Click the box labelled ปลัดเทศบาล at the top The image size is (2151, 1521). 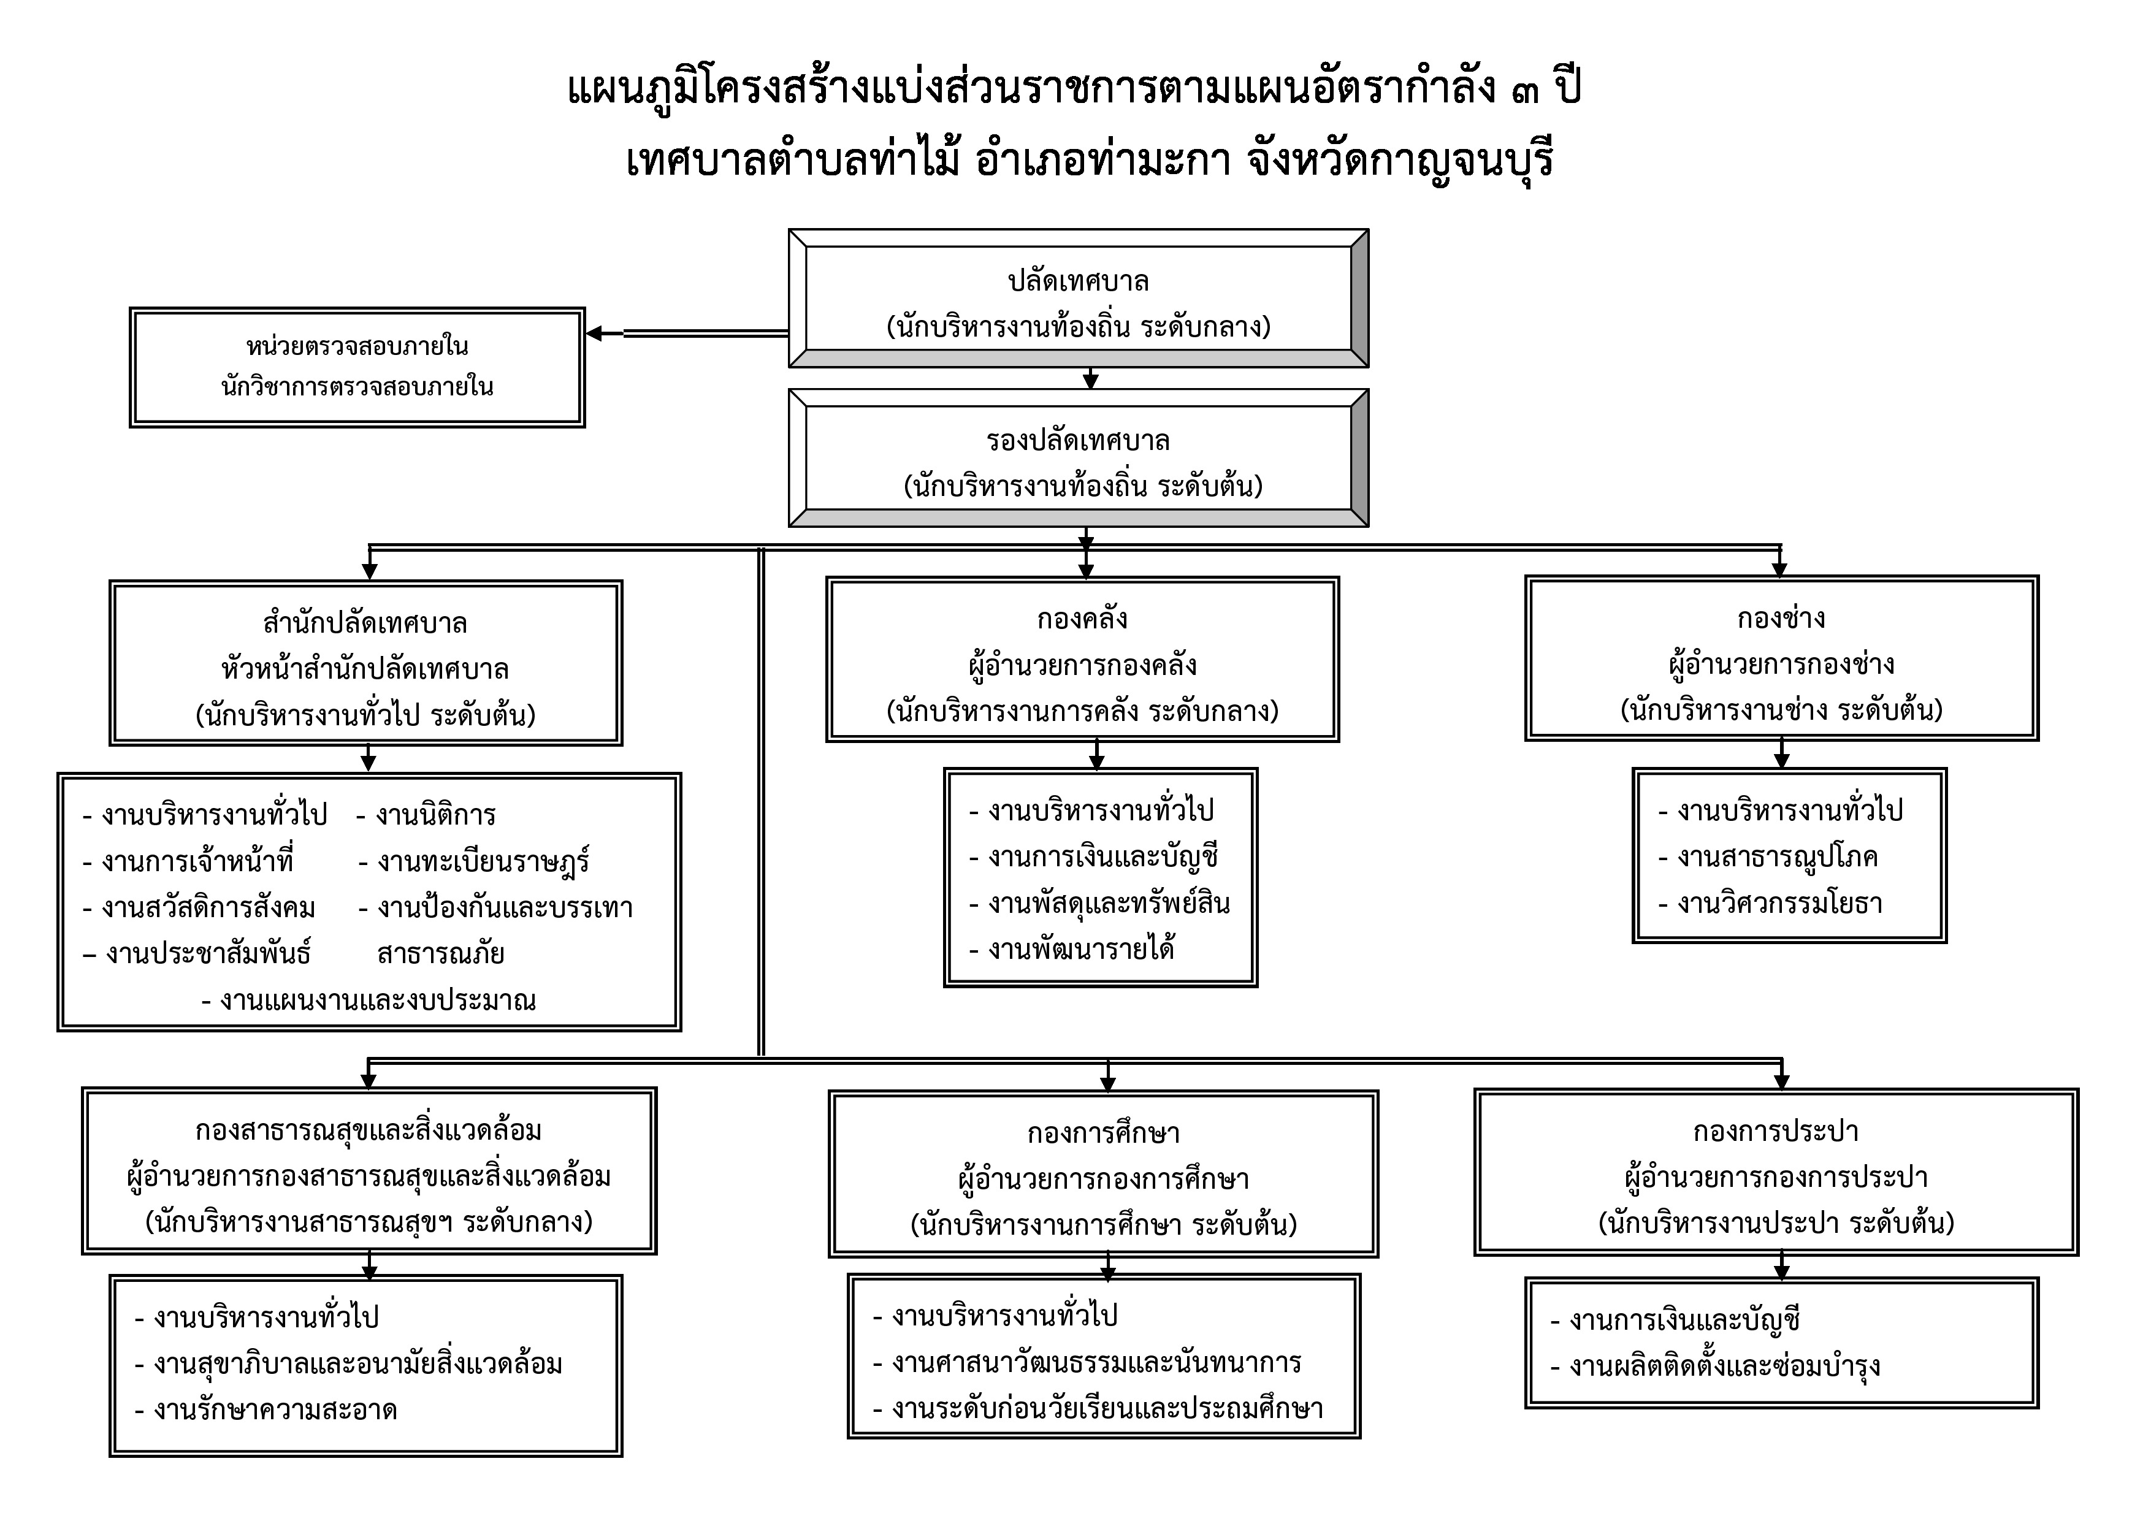pyautogui.click(x=1079, y=298)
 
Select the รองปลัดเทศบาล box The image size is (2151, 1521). pyautogui.click(x=1079, y=458)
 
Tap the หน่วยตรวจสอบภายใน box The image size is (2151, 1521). pyautogui.click(x=357, y=367)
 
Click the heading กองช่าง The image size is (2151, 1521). pyautogui.click(x=1781, y=618)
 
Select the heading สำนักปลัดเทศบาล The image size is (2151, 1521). pyautogui.click(x=365, y=623)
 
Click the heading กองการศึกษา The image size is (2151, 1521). pyautogui.click(x=1102, y=1134)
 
